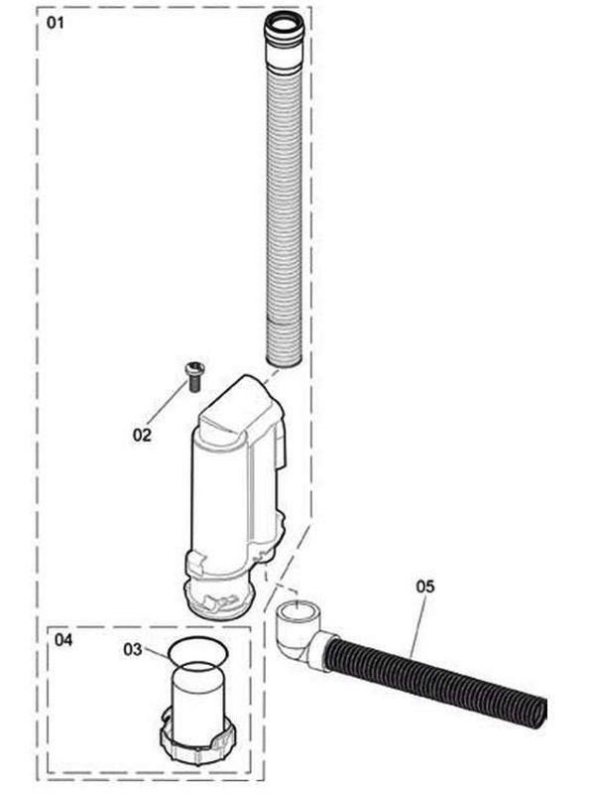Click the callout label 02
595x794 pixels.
pyautogui.click(x=143, y=434)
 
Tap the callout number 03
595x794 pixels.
pyautogui.click(x=134, y=649)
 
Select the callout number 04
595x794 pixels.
pyautogui.click(x=63, y=640)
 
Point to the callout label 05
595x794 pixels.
pyautogui.click(x=425, y=586)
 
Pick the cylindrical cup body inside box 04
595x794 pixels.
pyautogui.click(x=196, y=700)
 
